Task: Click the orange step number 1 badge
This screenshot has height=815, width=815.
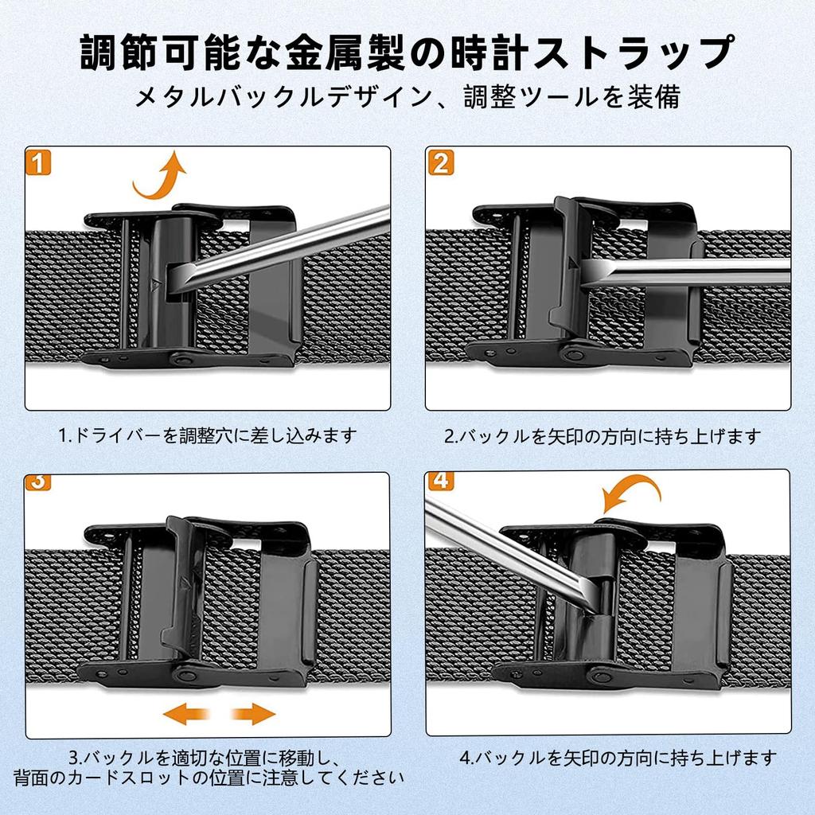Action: [x=38, y=162]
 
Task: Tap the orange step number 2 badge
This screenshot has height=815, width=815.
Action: [x=441, y=162]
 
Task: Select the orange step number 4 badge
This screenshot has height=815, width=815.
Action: [x=440, y=481]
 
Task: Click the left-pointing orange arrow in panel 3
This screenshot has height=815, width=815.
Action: [x=186, y=714]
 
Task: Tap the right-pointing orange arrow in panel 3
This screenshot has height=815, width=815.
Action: [x=253, y=714]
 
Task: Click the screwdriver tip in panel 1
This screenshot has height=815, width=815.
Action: [x=175, y=281]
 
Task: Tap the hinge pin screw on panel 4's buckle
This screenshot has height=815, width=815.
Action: [x=601, y=677]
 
